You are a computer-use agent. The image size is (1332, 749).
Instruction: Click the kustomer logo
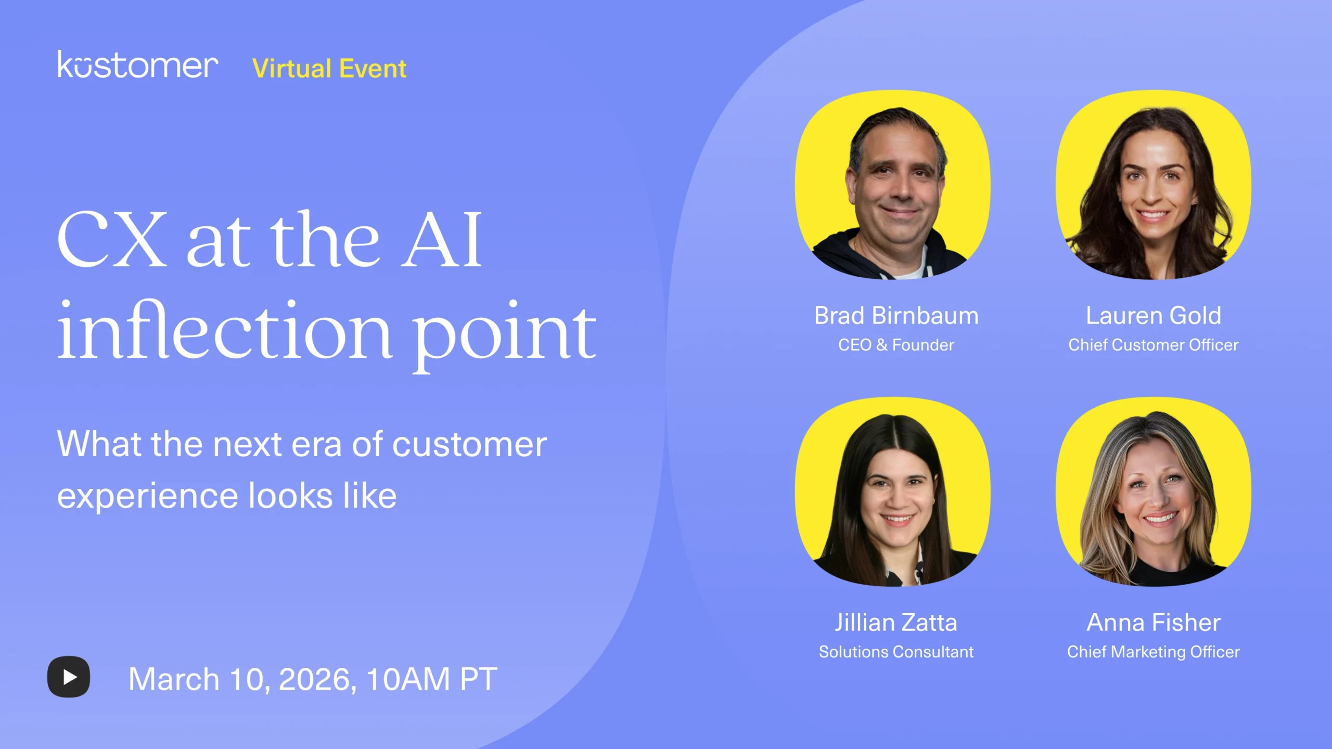click(138, 66)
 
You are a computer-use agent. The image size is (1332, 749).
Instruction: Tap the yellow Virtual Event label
click(329, 69)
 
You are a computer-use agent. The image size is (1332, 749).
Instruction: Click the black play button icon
click(69, 677)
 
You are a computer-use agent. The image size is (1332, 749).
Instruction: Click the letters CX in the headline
click(112, 240)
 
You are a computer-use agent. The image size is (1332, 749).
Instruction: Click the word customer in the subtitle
click(469, 445)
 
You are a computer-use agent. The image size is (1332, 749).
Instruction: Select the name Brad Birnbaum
click(896, 316)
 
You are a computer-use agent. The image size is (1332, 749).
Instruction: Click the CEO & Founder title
click(896, 345)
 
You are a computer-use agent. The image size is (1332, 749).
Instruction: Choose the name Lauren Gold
click(1153, 316)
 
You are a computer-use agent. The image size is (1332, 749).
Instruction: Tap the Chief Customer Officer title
click(1153, 345)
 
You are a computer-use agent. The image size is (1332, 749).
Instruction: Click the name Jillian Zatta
click(896, 623)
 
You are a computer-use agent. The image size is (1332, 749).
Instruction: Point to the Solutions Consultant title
click(896, 652)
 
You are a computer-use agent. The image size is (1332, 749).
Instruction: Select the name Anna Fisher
click(1153, 623)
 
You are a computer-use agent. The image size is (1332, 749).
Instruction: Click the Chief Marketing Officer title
click(1153, 652)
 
